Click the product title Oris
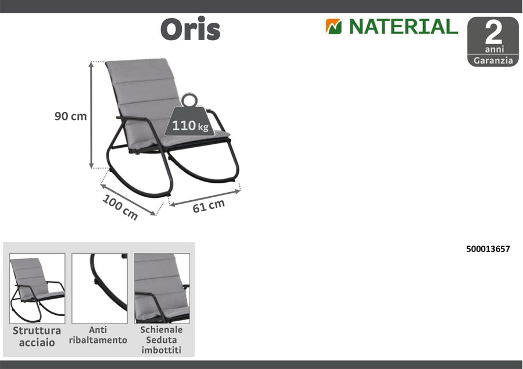tap(190, 29)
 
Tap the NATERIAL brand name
tap(403, 27)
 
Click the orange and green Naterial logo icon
tap(334, 27)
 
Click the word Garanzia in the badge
tap(493, 61)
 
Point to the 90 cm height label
tap(70, 116)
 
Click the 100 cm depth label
tap(120, 207)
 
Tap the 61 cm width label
tap(208, 205)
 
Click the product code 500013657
tap(488, 249)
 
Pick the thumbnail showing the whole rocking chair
tap(37, 288)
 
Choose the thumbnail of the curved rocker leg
tap(99, 288)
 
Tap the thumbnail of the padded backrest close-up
tap(162, 288)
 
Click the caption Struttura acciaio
tap(37, 336)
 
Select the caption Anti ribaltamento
tap(98, 335)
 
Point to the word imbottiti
tap(162, 350)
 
